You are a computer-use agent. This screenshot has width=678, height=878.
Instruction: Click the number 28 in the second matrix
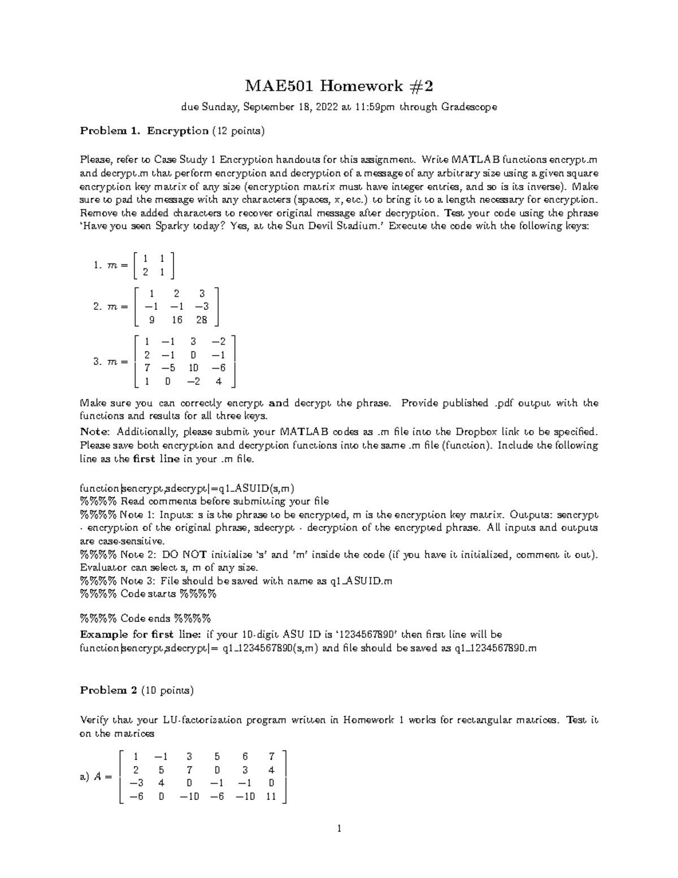(202, 320)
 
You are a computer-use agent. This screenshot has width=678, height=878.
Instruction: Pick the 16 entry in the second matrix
(177, 320)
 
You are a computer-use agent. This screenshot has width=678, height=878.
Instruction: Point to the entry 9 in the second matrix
(150, 320)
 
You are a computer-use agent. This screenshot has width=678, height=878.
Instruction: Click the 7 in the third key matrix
(147, 368)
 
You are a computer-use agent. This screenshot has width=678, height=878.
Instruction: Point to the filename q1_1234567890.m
(495, 648)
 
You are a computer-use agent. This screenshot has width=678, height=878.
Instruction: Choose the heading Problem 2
(108, 690)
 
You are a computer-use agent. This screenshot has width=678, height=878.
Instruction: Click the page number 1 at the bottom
(338, 829)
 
